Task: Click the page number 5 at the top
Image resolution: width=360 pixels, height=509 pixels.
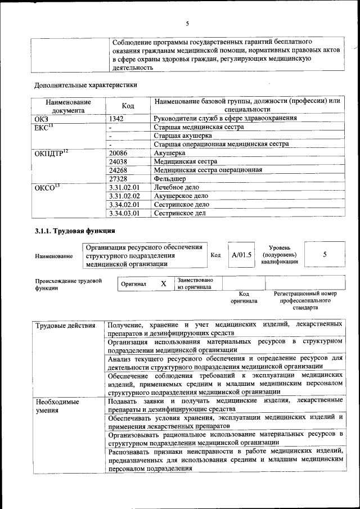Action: point(187,23)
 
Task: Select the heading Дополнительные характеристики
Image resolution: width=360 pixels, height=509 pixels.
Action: point(85,85)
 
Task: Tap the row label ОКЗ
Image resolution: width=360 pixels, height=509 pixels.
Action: point(42,119)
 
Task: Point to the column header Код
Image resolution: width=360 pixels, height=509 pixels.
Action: point(128,106)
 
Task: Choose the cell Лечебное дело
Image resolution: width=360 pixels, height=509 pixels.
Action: point(177,187)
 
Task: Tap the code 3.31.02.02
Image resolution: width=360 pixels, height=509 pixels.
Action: point(124,196)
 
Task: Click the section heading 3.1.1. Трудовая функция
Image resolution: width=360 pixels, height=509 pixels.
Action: point(75,231)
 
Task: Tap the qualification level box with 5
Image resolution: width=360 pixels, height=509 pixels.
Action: point(325,255)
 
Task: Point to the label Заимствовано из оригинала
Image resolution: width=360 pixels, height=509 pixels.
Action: point(195,283)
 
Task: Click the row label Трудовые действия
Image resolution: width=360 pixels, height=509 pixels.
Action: point(65,326)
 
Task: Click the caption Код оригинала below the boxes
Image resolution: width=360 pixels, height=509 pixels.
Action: point(244,297)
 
